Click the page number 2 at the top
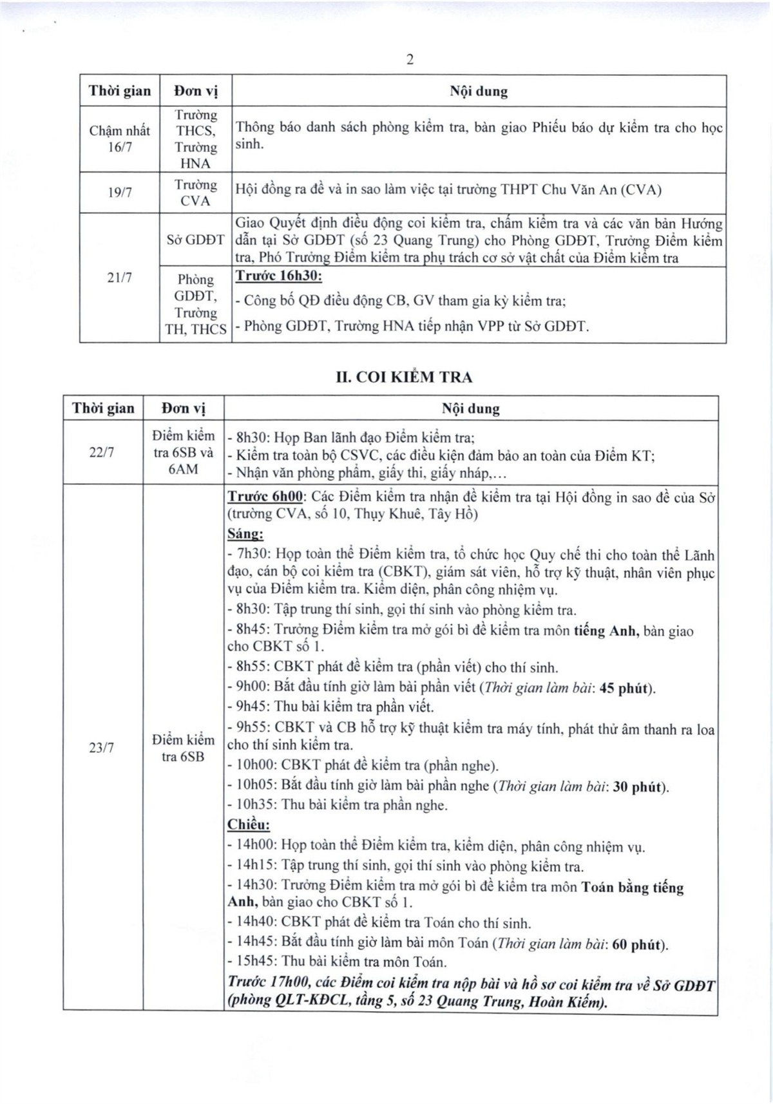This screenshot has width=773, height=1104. click(x=410, y=60)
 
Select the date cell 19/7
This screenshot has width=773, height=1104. click(x=120, y=192)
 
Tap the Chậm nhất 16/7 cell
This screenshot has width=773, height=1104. click(x=120, y=138)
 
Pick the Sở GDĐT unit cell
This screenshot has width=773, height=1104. click(x=195, y=240)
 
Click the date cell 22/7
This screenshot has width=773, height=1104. click(x=102, y=452)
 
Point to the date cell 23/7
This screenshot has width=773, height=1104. click(x=102, y=748)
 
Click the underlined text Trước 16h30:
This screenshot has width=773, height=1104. click(x=278, y=276)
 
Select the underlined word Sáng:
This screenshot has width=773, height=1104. click(x=245, y=534)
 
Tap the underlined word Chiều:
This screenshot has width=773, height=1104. click(x=249, y=824)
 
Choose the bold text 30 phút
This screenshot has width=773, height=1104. click(x=638, y=786)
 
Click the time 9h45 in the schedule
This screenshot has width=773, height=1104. click(x=253, y=707)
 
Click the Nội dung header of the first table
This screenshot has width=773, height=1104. click(x=479, y=91)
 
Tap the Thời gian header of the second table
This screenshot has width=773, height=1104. click(x=103, y=408)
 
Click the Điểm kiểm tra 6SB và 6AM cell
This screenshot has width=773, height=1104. click(x=184, y=452)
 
